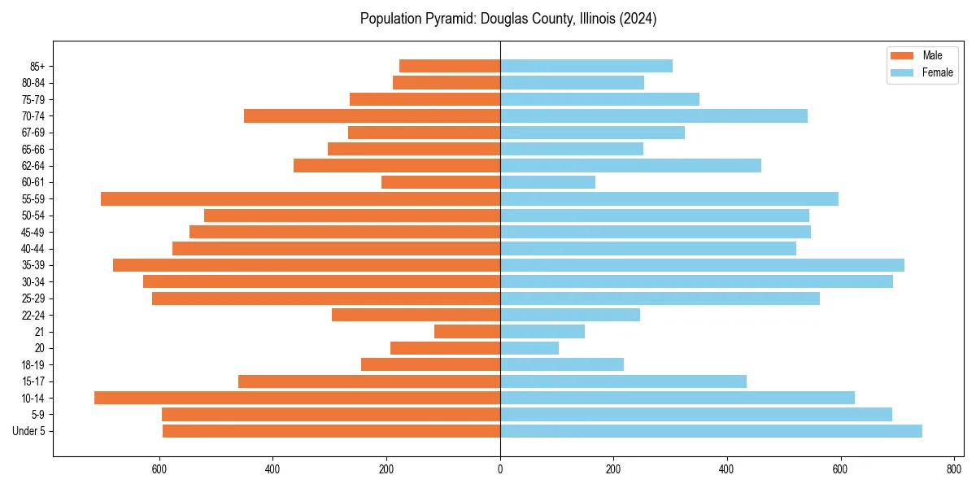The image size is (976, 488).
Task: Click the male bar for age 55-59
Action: pyautogui.click(x=300, y=199)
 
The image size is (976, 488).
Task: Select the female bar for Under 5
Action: pyautogui.click(x=711, y=431)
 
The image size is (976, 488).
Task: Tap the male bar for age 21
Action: pyautogui.click(x=467, y=332)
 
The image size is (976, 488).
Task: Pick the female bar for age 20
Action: pyautogui.click(x=529, y=348)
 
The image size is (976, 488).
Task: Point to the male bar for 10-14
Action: pyautogui.click(x=297, y=398)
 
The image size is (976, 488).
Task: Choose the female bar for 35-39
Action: pyautogui.click(x=702, y=265)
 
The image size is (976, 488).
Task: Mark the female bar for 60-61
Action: pyautogui.click(x=547, y=182)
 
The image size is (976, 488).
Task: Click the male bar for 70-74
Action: pyautogui.click(x=372, y=116)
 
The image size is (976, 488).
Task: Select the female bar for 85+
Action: pyautogui.click(x=586, y=66)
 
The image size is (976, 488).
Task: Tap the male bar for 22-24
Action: pyautogui.click(x=416, y=315)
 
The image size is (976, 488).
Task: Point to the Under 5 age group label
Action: pyautogui.click(x=28, y=431)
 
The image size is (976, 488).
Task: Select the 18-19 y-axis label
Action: pyautogui.click(x=33, y=365)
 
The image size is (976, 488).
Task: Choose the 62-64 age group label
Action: pyautogui.click(x=33, y=166)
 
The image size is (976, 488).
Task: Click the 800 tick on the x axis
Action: pyautogui.click(x=954, y=468)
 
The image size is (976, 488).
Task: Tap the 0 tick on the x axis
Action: pyautogui.click(x=500, y=468)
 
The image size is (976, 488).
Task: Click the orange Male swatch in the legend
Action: pyautogui.click(x=902, y=55)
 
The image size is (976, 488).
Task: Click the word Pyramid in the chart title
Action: pyautogui.click(x=452, y=19)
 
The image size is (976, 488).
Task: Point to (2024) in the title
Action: pyautogui.click(x=638, y=19)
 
